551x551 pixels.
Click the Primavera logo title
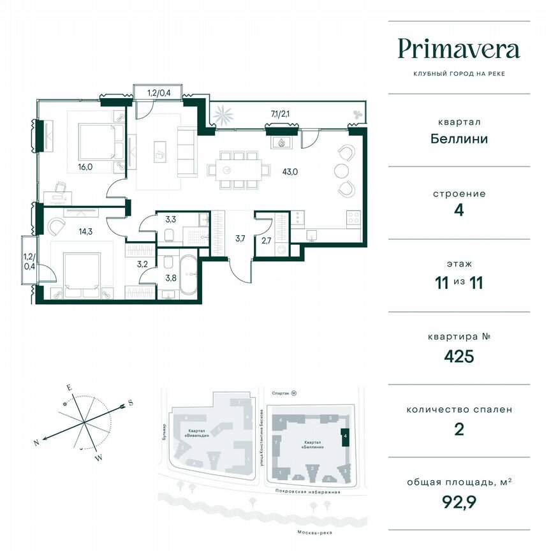click(x=459, y=49)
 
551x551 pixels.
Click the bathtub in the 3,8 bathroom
click(x=188, y=276)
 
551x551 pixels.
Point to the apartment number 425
click(x=459, y=356)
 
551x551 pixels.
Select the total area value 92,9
click(x=459, y=501)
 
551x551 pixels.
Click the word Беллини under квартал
click(x=459, y=138)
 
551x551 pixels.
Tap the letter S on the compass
click(x=130, y=402)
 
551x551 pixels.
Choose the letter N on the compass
click(x=38, y=441)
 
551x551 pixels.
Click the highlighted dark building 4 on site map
click(x=345, y=437)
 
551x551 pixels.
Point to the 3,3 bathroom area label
click(x=170, y=220)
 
